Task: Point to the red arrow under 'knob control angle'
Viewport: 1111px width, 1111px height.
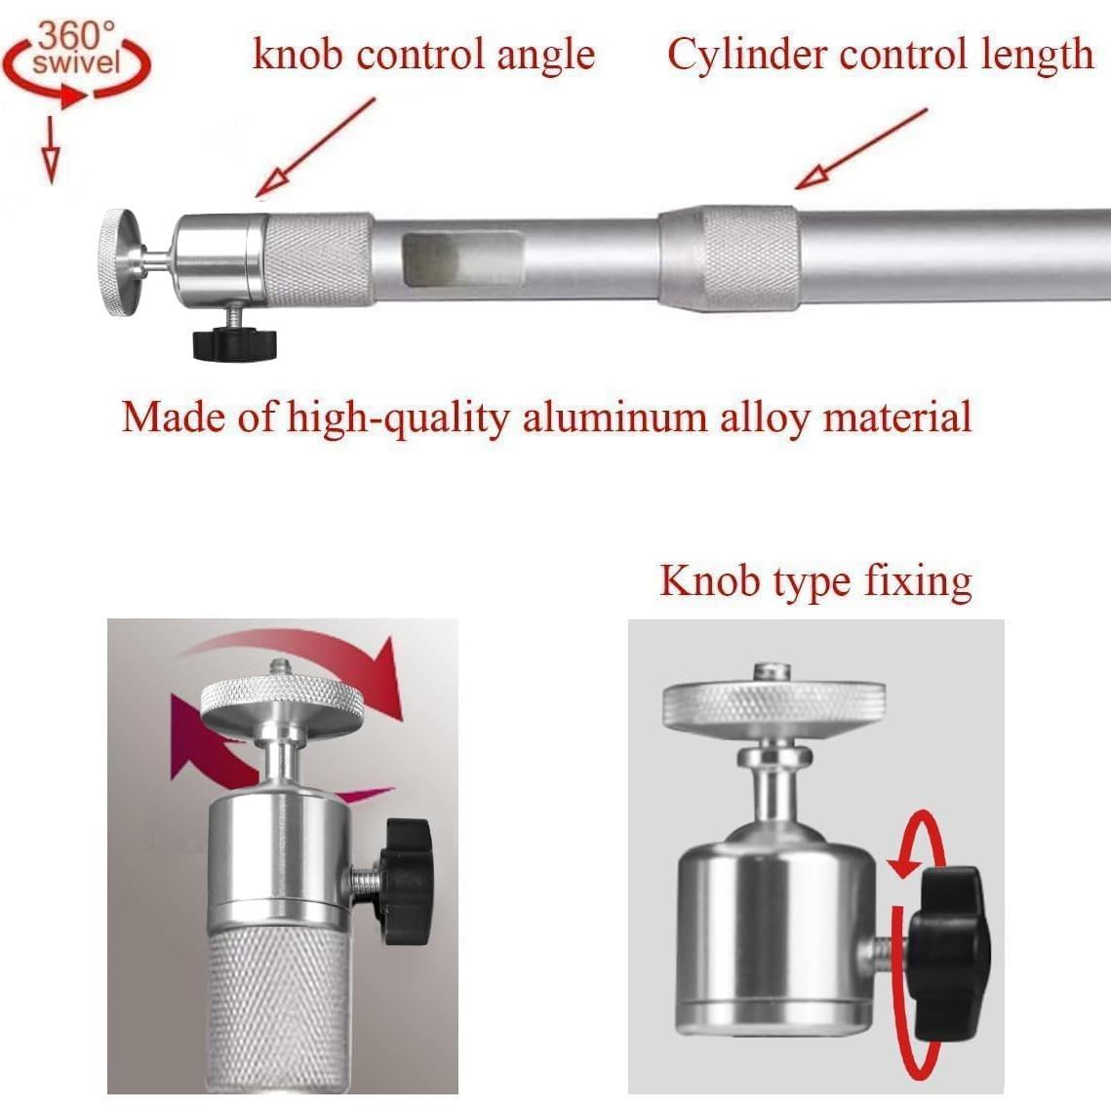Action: (x=315, y=146)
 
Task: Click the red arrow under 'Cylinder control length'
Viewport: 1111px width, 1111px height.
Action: (x=861, y=149)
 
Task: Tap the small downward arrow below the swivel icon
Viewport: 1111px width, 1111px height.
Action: (x=51, y=150)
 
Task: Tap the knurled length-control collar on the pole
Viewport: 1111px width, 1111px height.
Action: (x=750, y=258)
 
